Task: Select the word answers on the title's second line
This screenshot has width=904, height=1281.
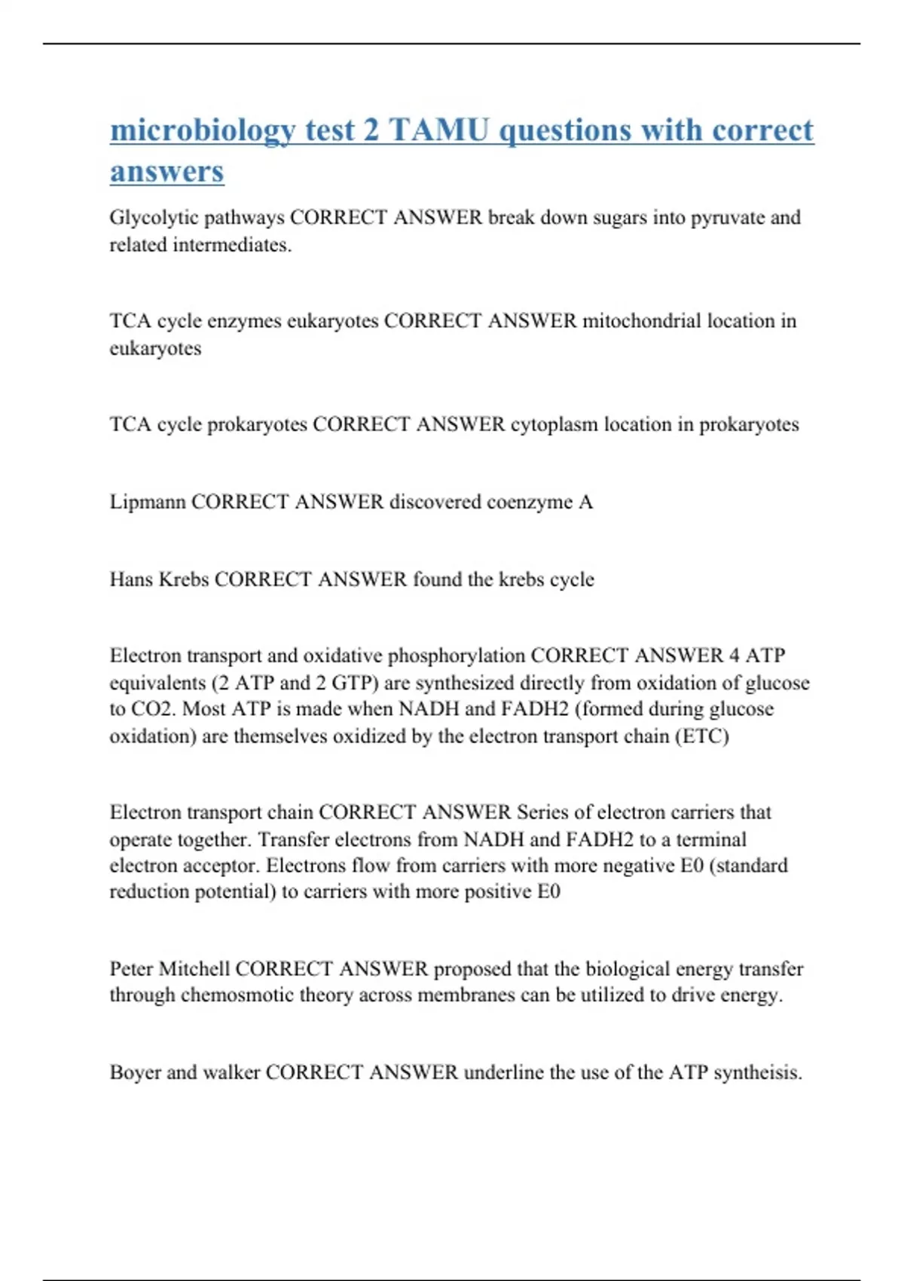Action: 166,171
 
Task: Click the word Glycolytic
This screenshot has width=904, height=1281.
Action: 154,218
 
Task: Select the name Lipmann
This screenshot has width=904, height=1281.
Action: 147,502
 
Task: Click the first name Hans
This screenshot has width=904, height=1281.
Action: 131,579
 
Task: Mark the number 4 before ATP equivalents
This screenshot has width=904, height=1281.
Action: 734,656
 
